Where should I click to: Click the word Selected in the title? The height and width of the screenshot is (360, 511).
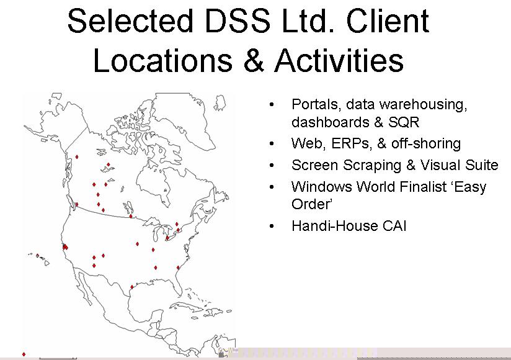click(130, 21)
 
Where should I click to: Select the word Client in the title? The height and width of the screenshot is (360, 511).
click(388, 21)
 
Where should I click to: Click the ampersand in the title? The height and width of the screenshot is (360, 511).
click(254, 60)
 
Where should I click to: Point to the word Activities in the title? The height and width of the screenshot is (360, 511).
click(340, 60)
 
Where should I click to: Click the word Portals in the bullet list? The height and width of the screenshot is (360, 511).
click(314, 105)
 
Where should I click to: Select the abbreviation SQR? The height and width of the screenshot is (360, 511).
click(404, 122)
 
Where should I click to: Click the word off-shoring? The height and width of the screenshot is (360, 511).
click(426, 143)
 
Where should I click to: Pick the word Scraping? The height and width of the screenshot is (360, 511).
click(371, 165)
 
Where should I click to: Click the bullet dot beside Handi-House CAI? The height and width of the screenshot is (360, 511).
click(272, 226)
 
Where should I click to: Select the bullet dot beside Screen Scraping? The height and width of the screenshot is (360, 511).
click(272, 165)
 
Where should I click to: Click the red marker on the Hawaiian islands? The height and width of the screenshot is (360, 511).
click(37, 256)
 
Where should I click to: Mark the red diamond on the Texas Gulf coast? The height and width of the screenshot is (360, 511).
click(131, 287)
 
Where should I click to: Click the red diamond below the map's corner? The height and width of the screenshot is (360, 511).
click(24, 354)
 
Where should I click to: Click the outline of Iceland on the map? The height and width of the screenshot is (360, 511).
click(220, 102)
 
